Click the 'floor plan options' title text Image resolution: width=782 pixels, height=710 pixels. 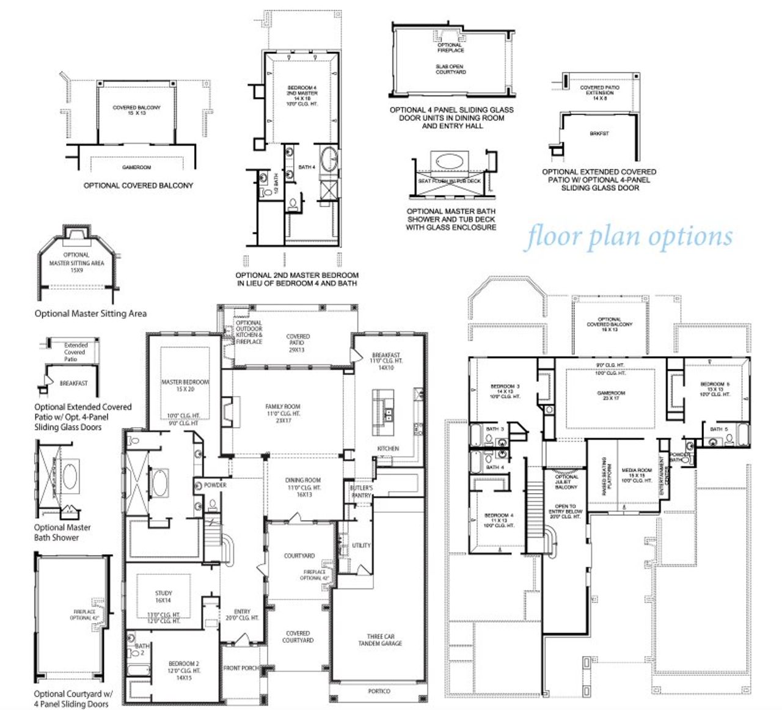pyautogui.click(x=630, y=237)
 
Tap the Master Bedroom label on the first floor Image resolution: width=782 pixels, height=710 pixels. pyautogui.click(x=185, y=386)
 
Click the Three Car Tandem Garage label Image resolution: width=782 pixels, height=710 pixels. pyautogui.click(x=380, y=640)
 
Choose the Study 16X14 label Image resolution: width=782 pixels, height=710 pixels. pyautogui.click(x=164, y=596)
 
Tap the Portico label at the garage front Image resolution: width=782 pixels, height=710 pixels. pyautogui.click(x=379, y=691)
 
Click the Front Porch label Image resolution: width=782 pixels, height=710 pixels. pyautogui.click(x=241, y=668)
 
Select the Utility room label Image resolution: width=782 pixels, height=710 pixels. pyautogui.click(x=361, y=545)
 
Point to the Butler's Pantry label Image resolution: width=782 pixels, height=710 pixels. pyautogui.click(x=361, y=492)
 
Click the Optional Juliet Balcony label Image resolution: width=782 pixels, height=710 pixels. pyautogui.click(x=566, y=481)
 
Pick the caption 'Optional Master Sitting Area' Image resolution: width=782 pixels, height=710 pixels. pyautogui.click(x=90, y=313)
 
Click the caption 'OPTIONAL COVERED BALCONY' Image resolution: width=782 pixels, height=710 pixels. pyautogui.click(x=138, y=185)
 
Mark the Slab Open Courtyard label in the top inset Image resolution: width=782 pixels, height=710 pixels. pyautogui.click(x=451, y=69)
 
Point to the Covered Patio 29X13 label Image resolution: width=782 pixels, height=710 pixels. pyautogui.click(x=298, y=343)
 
